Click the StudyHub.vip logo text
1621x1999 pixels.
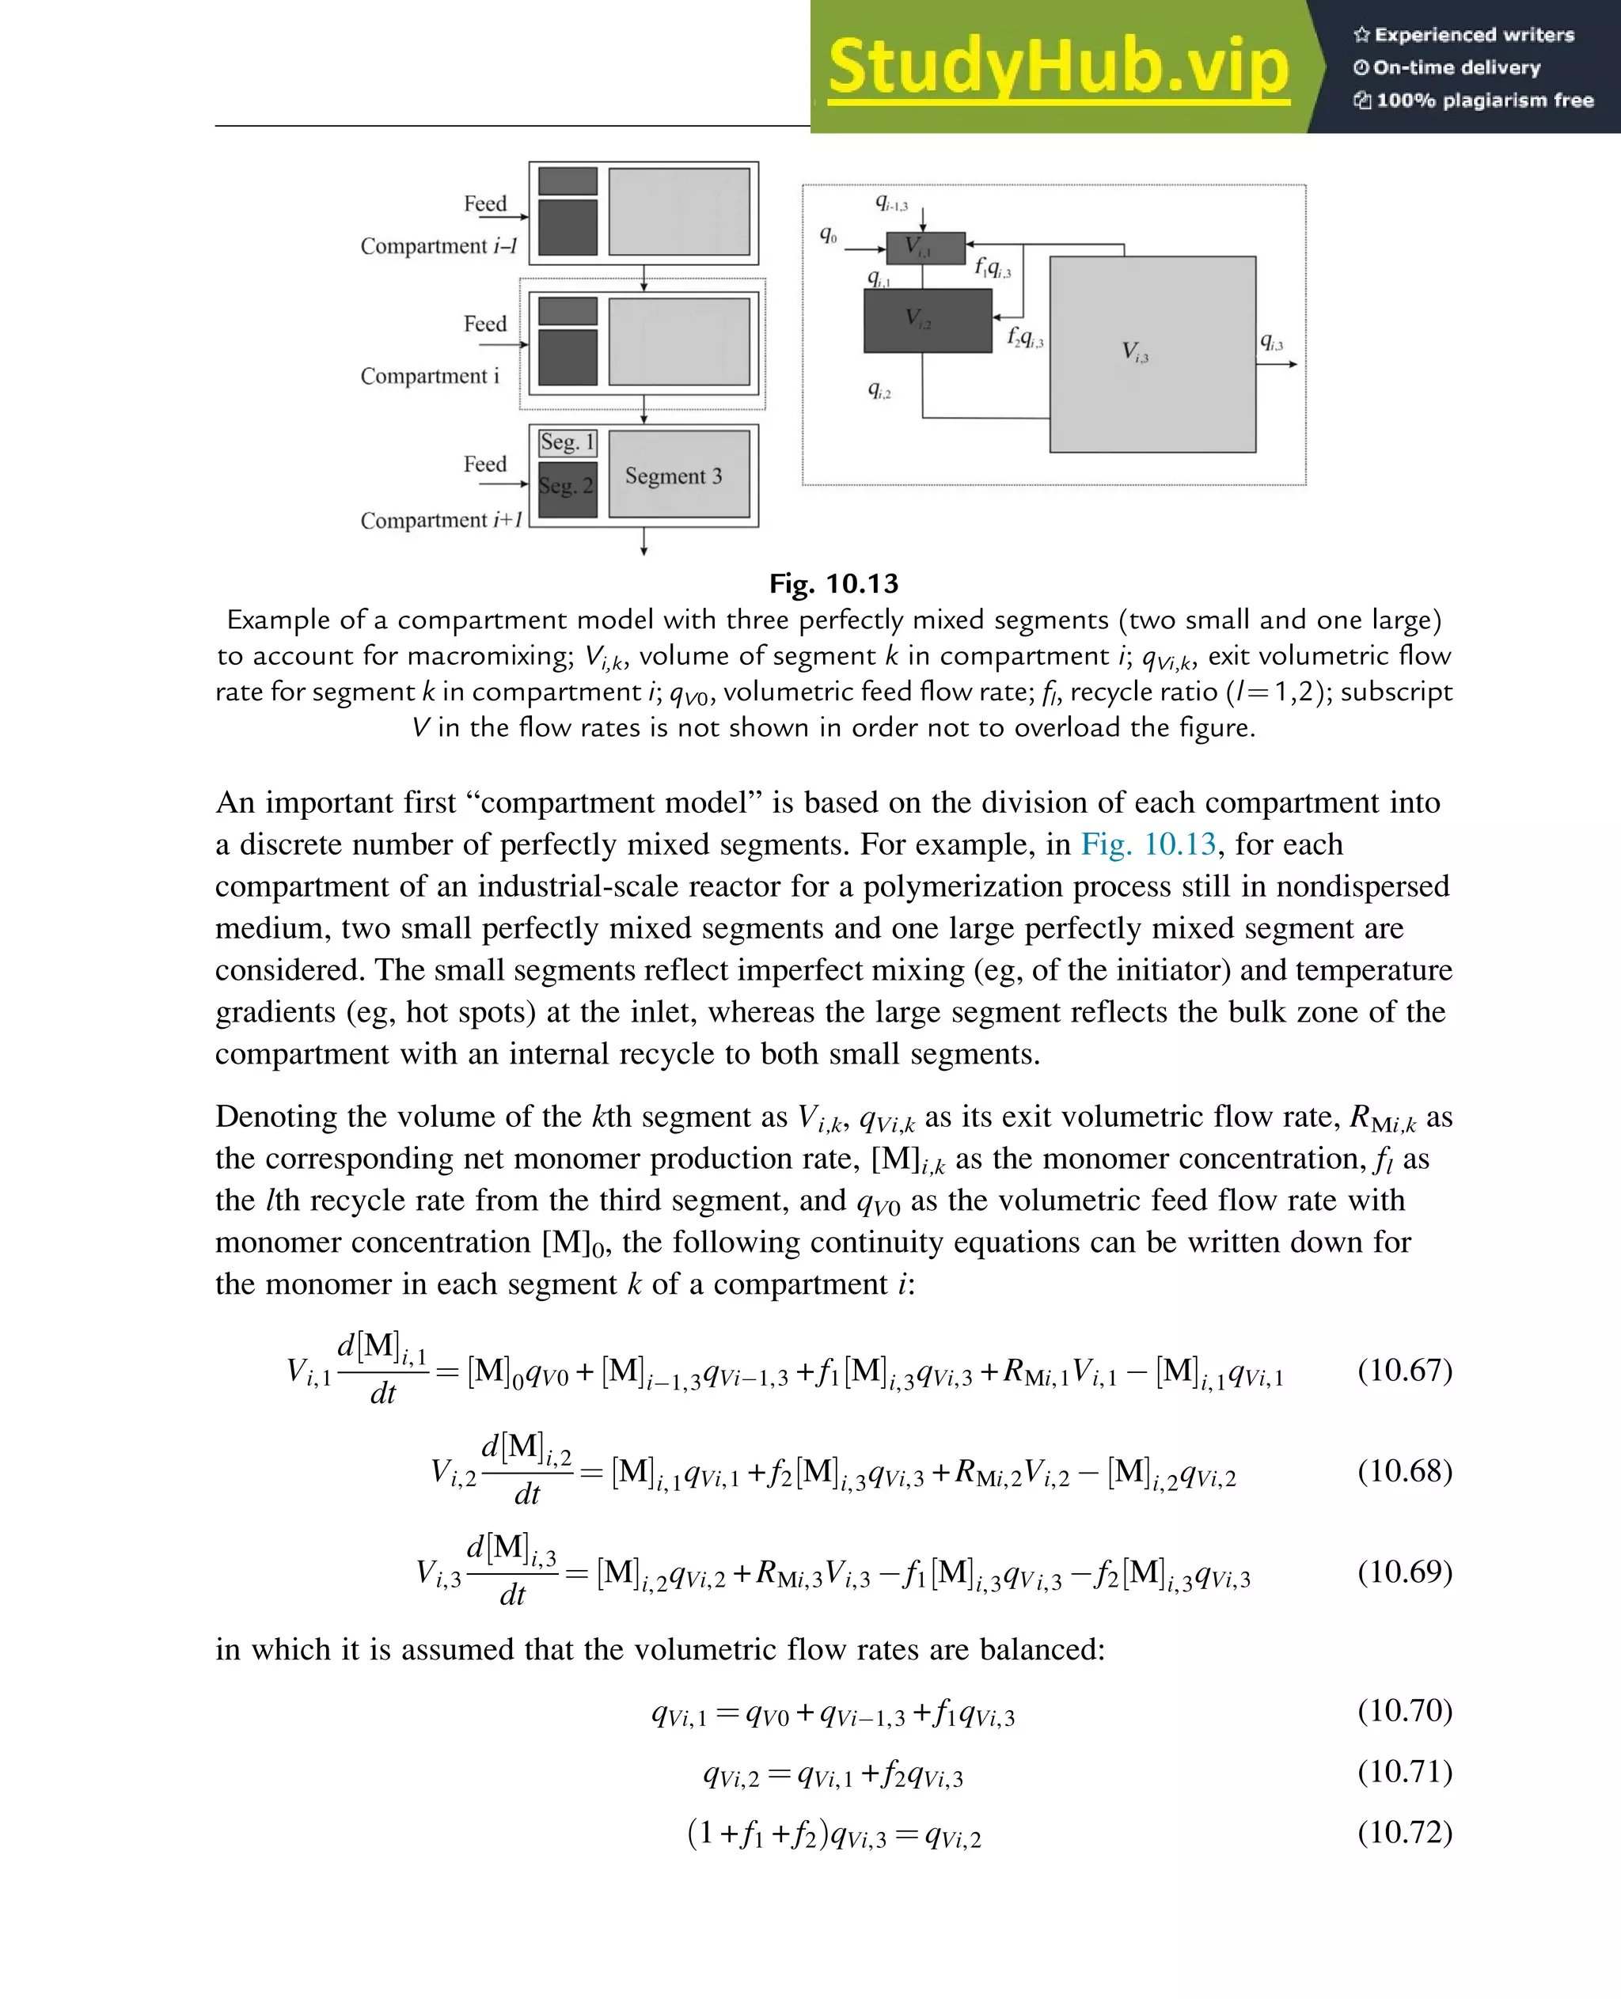(1058, 67)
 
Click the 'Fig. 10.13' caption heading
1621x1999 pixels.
(833, 583)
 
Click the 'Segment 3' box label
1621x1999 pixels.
(674, 476)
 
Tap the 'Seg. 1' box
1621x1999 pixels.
(568, 442)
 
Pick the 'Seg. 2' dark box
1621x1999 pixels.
(567, 487)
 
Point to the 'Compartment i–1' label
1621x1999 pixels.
(438, 246)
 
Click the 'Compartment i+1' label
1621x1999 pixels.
(441, 520)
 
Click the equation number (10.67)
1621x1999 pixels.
(1404, 1370)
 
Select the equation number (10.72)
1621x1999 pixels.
(1404, 1832)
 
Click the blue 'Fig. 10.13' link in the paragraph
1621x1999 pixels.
(1148, 844)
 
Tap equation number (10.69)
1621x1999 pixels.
(1404, 1572)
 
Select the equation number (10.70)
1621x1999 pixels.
(1404, 1709)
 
